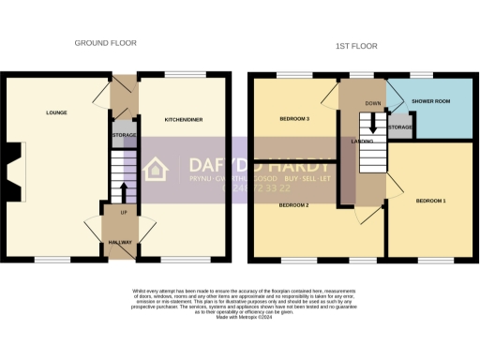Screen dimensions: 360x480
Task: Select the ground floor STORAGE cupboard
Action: pos(124,135)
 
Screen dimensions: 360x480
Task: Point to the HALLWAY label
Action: pos(119,242)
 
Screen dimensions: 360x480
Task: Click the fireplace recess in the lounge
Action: pos(11,168)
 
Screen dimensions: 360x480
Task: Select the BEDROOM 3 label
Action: pos(294,120)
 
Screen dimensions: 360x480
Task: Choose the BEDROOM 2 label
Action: pos(294,204)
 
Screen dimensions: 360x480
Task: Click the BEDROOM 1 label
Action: pos(431,202)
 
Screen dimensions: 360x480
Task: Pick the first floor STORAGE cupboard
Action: pos(400,127)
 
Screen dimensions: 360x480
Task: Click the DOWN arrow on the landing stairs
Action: pos(373,122)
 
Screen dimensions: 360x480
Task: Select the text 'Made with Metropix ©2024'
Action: pos(239,318)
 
